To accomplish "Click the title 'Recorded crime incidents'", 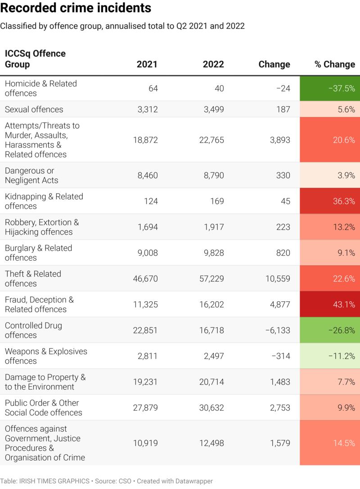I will coord(76,9).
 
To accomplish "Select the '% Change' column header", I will coord(334,64).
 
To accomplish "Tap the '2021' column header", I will coord(147,64).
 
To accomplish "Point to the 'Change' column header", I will coord(274,64).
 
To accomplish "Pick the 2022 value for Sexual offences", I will coord(213,109).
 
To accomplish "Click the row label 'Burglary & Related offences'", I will coord(38,253).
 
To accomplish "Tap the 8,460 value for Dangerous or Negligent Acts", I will coord(148,175).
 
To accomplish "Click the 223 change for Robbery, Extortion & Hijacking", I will coord(283,227).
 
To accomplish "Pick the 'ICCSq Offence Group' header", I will coord(35,59).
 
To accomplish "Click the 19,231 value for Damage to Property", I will coord(145,382).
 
